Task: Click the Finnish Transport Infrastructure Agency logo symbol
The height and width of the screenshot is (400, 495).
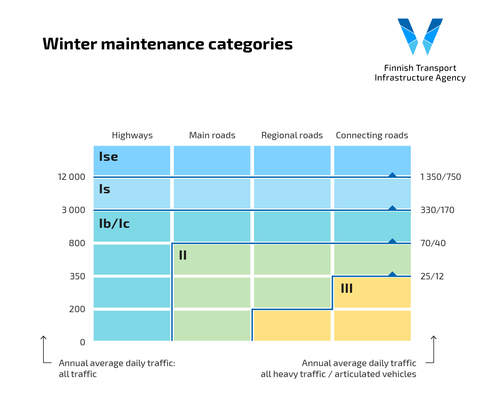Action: click(420, 36)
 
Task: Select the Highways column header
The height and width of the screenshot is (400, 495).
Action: click(132, 135)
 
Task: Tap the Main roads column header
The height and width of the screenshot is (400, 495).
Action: click(212, 135)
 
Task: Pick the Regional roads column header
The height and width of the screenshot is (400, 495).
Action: click(292, 135)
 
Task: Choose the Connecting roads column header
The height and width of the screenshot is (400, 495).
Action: click(372, 135)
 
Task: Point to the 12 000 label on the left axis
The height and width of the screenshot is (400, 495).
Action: click(71, 177)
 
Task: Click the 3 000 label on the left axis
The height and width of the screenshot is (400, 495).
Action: click(73, 210)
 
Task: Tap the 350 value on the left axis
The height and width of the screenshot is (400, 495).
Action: click(77, 276)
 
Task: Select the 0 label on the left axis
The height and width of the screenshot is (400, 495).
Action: click(82, 343)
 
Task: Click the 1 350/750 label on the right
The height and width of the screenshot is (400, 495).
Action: click(441, 177)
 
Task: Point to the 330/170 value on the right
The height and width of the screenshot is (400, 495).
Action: click(437, 210)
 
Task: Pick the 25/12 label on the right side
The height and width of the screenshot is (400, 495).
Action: click(432, 276)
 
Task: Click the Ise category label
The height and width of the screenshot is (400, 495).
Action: click(108, 157)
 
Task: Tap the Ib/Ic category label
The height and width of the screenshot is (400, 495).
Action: click(114, 224)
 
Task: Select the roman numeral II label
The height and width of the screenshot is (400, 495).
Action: click(183, 255)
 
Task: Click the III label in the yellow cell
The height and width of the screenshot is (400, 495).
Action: click(347, 289)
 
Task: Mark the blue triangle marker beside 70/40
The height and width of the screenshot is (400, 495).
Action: click(392, 241)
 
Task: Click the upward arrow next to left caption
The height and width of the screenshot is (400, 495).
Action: click(43, 339)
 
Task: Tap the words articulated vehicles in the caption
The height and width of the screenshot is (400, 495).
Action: click(375, 374)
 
